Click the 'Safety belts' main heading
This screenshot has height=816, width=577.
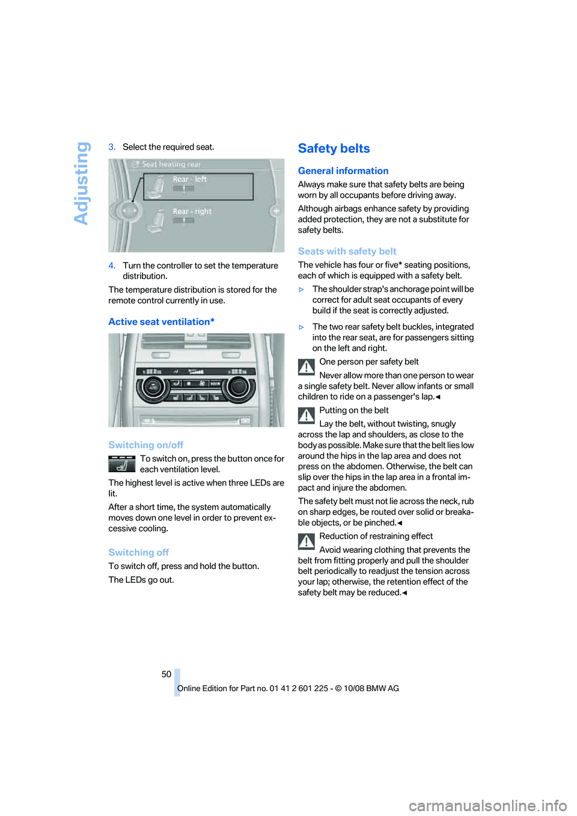pyautogui.click(x=334, y=148)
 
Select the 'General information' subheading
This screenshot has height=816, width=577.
pyautogui.click(x=343, y=171)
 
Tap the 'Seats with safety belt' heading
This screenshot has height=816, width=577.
pyautogui.click(x=347, y=251)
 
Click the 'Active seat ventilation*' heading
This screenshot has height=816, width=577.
pyautogui.click(x=161, y=321)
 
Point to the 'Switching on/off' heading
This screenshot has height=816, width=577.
pyautogui.click(x=145, y=445)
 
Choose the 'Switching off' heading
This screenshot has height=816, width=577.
pyautogui.click(x=138, y=552)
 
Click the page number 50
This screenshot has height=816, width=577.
pyautogui.click(x=166, y=674)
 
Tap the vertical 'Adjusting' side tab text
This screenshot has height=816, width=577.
pyautogui.click(x=82, y=183)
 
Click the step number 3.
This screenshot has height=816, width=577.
pyautogui.click(x=112, y=147)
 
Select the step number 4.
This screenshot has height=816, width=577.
pyautogui.click(x=112, y=266)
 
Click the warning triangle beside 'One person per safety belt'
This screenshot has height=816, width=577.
pyautogui.click(x=307, y=367)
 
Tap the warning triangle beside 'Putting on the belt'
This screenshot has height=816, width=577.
pyautogui.click(x=307, y=415)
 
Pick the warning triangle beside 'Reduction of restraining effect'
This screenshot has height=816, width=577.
pyautogui.click(x=307, y=541)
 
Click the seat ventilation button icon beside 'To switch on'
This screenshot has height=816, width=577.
pyautogui.click(x=122, y=464)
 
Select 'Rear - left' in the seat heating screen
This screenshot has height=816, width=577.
pyautogui.click(x=189, y=179)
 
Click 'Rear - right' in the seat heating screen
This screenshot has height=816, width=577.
pyautogui.click(x=192, y=212)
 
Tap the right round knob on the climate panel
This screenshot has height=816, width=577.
pyautogui.click(x=238, y=387)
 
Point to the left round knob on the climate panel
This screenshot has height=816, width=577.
pyautogui.click(x=153, y=388)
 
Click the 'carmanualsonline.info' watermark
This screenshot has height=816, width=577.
pyautogui.click(x=487, y=805)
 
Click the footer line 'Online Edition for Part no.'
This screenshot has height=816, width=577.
pyautogui.click(x=288, y=689)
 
